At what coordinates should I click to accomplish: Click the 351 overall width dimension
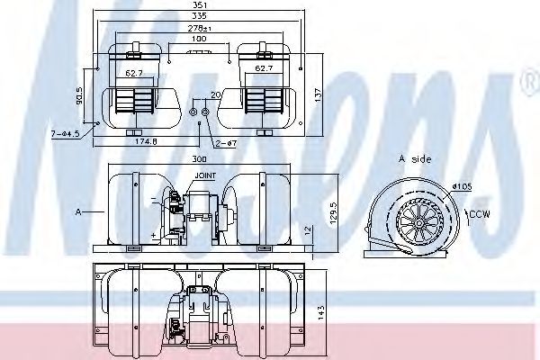point(210,5)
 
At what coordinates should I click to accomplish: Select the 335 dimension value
point(210,16)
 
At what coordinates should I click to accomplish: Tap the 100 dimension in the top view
point(199,39)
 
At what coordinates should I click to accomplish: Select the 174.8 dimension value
point(147,141)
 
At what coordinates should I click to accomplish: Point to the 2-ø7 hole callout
point(226,142)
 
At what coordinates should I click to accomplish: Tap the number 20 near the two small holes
point(215,94)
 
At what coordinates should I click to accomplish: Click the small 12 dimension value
point(308,230)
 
